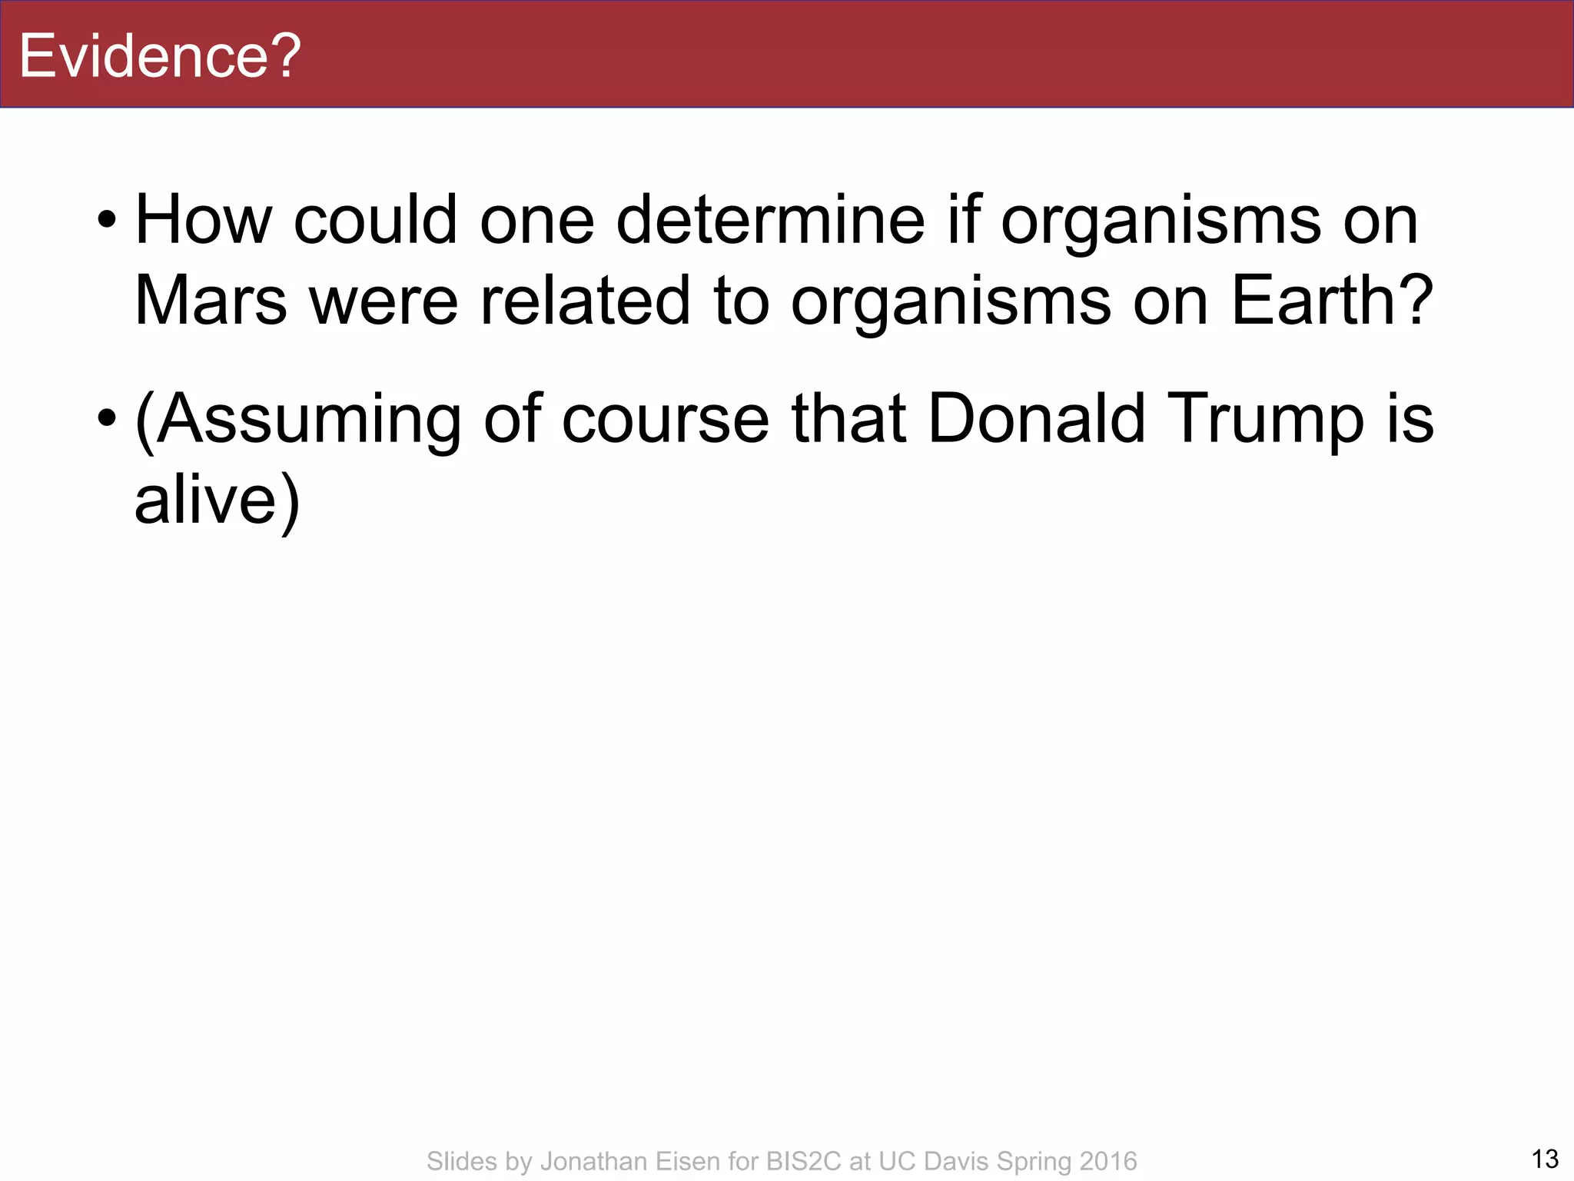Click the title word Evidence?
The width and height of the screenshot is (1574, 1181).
[159, 56]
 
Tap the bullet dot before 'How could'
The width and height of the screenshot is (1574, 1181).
[107, 222]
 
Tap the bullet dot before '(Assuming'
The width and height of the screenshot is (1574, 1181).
[107, 420]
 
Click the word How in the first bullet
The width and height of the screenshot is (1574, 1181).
[204, 221]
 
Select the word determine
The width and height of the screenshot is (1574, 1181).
[770, 221]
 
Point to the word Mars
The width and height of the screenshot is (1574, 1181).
[211, 301]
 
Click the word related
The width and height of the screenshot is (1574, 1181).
[586, 301]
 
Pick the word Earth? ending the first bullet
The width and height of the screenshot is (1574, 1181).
[1333, 301]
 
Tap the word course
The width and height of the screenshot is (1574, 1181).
[666, 420]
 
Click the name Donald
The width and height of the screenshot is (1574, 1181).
[1037, 420]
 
